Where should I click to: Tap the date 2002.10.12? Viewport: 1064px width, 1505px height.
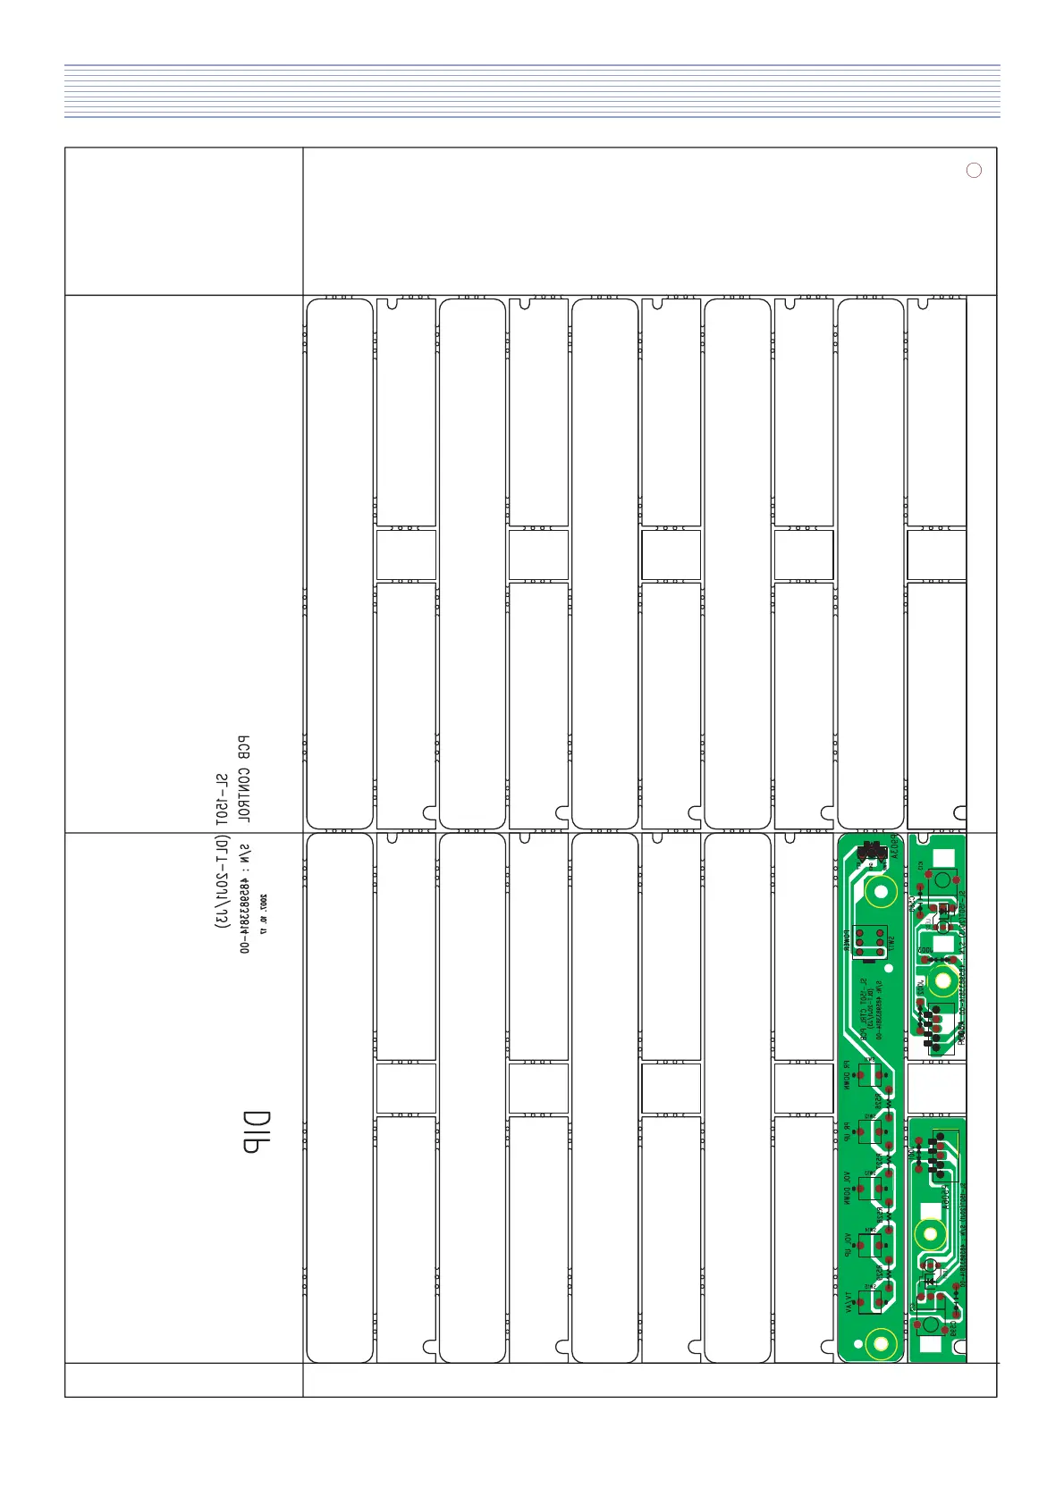click(264, 912)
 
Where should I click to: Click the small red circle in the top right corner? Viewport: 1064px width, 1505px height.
click(975, 171)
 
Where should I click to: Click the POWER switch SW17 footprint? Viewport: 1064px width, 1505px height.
click(867, 942)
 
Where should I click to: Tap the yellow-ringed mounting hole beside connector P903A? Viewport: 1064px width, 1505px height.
click(882, 891)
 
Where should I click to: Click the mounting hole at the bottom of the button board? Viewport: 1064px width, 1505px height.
click(880, 1341)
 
